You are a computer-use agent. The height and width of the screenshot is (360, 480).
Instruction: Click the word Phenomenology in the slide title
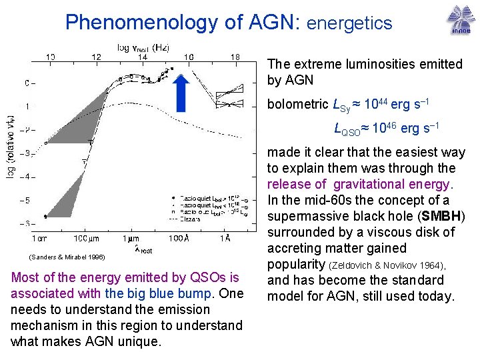[x=143, y=23]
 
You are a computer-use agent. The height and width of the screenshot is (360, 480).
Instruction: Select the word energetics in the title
[x=349, y=23]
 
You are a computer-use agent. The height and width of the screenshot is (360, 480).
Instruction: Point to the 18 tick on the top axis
[x=235, y=58]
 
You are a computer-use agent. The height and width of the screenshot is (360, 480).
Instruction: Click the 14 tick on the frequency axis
[x=142, y=58]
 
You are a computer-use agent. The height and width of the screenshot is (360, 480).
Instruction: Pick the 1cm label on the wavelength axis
[x=42, y=238]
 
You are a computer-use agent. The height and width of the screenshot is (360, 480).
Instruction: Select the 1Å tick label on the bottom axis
[x=226, y=238]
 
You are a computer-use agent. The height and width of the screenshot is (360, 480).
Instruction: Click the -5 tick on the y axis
[x=27, y=200]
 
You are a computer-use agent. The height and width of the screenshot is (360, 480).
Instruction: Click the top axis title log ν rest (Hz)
[x=143, y=47]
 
